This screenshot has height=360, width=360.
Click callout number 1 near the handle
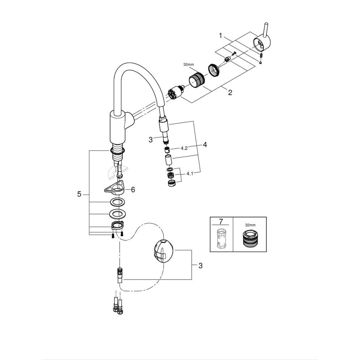click(221, 36)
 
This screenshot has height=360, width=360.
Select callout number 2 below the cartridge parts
click(230, 93)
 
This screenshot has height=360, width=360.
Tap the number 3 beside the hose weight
click(200, 265)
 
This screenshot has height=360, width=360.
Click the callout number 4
click(204, 145)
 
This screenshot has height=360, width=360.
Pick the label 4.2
click(185, 148)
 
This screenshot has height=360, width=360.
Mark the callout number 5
click(79, 194)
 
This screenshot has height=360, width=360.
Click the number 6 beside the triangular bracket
click(133, 189)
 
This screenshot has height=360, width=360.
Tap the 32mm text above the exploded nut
click(188, 65)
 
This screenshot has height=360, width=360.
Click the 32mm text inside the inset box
click(250, 224)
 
